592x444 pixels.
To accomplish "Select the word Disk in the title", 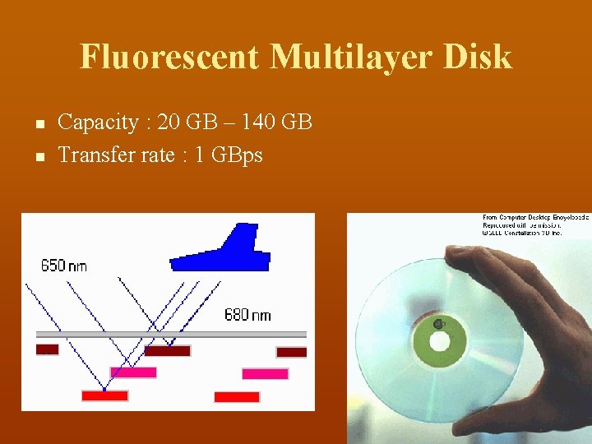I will coord(481,57).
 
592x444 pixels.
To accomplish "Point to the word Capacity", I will coord(98,123).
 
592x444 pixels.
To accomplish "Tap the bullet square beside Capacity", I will coord(39,124).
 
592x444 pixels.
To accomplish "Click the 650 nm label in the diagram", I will coord(63,266).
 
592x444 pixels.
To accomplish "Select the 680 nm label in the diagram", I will coord(247,315).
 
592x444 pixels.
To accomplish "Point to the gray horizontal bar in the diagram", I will coord(171,335).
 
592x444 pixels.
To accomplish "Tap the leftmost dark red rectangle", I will coord(48,349).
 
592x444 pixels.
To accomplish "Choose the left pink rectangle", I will coord(133,372).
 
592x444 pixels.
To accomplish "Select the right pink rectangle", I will coord(265,373).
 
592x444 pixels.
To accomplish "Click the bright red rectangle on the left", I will coord(104,395).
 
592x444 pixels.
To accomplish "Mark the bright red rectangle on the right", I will coord(237,396).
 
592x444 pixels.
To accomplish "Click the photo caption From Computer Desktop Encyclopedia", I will coord(534,217).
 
